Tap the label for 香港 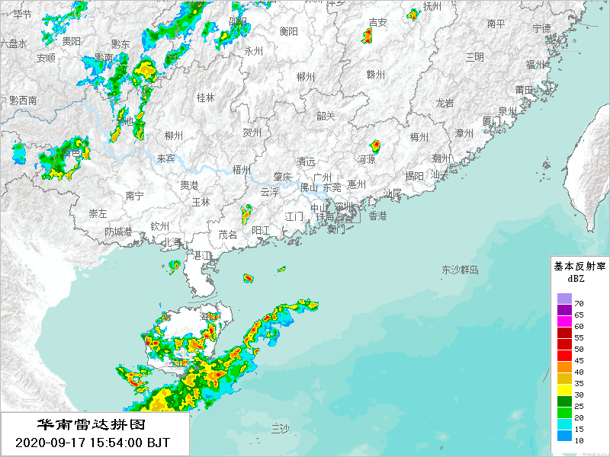point(377,216)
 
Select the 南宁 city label point(135,196)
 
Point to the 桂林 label point(206,97)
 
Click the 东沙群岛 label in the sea point(460,270)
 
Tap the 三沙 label point(280,430)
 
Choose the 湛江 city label point(204,255)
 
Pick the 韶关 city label point(326,116)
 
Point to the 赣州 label point(376,74)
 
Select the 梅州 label point(419,137)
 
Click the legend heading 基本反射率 point(579,267)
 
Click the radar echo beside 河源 point(375,145)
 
